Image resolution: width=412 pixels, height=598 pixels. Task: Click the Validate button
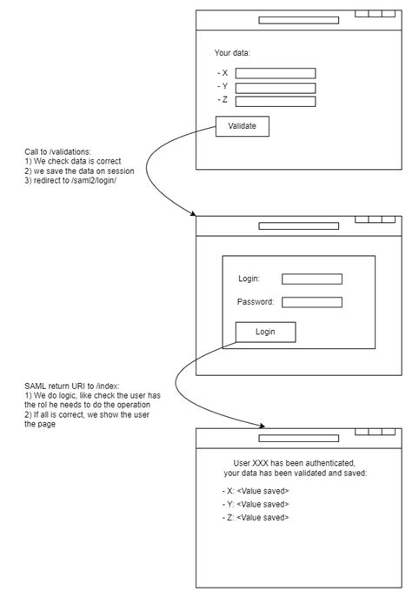[x=243, y=126]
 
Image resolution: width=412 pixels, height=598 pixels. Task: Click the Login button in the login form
[x=265, y=332]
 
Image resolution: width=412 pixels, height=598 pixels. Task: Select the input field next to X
[x=276, y=73]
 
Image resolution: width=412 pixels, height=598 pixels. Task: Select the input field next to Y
[x=276, y=87]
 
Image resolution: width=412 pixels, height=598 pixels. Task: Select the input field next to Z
[x=276, y=101]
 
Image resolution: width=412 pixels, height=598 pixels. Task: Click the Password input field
[x=312, y=302]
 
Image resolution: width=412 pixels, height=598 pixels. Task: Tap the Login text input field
[x=312, y=279]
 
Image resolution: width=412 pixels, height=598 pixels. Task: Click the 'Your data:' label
[x=232, y=53]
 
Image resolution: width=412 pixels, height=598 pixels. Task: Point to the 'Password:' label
[x=256, y=302]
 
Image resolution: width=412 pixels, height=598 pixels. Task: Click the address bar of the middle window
[x=298, y=225]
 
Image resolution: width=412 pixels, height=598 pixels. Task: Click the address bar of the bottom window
[x=298, y=438]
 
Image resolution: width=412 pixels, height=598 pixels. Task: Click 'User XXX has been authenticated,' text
[x=296, y=461]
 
